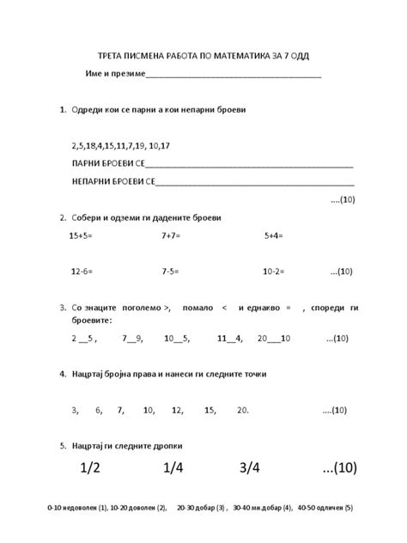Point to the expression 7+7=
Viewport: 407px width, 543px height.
[170, 234]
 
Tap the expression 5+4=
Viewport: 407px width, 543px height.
[274, 234]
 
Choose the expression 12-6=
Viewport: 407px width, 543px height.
[82, 271]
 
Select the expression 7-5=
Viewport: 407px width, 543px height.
[170, 271]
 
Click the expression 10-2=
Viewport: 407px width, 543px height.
[274, 271]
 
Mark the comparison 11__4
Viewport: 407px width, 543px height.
[230, 338]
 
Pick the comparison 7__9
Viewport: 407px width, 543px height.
[133, 338]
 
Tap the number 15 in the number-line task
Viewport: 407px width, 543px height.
[210, 410]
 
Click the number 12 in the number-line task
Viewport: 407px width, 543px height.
[178, 410]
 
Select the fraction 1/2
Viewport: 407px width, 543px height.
[90, 467]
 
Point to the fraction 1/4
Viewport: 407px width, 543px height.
[173, 467]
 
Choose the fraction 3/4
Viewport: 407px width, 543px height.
[251, 467]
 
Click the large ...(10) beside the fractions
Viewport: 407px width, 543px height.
[338, 467]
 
